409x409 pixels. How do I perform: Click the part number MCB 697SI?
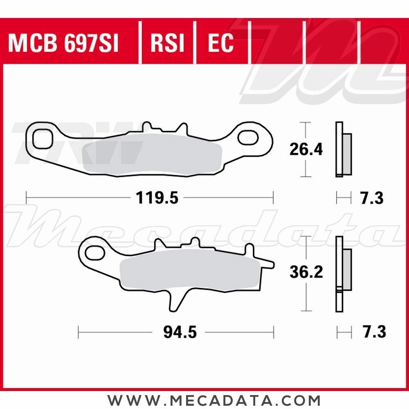63,43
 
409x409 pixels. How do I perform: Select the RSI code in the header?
167,43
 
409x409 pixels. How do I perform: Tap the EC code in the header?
220,43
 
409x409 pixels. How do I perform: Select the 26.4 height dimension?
306,150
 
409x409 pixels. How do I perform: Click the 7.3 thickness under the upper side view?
372,199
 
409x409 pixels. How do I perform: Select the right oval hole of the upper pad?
248,138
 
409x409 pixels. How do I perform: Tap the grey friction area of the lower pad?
188,270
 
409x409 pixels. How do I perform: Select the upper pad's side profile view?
342,150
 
